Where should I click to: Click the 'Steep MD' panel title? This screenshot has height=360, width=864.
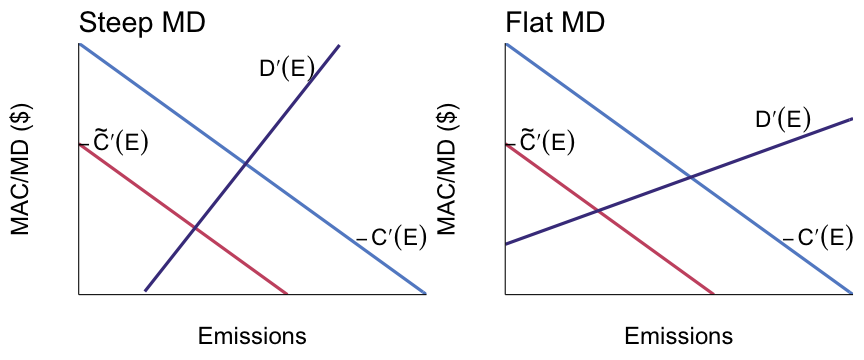pos(142,22)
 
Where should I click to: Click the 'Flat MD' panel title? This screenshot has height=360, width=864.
pos(555,22)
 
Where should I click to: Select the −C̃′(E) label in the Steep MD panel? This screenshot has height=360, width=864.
pos(114,142)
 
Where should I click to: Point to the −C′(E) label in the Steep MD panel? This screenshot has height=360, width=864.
pos(392,238)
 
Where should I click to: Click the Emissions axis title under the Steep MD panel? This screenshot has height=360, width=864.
pos(252,335)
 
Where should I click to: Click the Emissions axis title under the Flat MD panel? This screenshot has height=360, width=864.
pos(679,335)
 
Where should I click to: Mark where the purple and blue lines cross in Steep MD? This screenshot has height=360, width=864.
pos(245,164)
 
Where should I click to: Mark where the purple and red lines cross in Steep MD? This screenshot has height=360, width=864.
pos(193,229)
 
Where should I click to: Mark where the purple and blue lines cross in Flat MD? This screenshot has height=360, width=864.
pos(690,178)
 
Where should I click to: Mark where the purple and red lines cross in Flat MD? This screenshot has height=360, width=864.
pos(597,210)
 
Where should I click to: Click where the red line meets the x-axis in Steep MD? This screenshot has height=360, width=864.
pos(288,294)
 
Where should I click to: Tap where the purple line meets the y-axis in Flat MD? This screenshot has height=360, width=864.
pos(506,244)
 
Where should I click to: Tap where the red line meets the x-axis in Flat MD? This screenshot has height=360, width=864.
pos(714,294)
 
